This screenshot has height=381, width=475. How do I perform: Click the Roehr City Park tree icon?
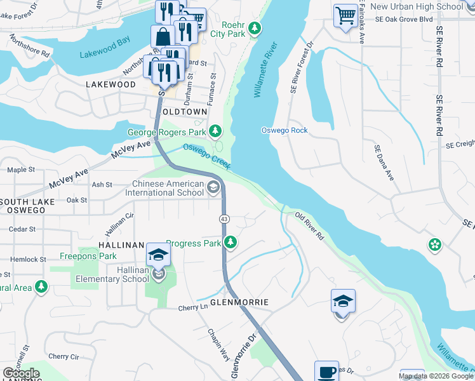pos(255,28)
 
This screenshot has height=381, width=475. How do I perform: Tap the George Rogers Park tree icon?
pos(216,131)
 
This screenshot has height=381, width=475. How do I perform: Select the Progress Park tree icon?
pos(231,243)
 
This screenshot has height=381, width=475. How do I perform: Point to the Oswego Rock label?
pos(284,130)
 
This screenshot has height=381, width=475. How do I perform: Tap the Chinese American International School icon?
pos(213,187)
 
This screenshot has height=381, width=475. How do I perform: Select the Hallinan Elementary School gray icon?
pos(158,274)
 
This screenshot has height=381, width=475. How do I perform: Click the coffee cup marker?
pos(327,372)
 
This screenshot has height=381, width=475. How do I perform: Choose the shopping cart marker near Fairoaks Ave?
pos(345,15)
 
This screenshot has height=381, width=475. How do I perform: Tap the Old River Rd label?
pos(310,226)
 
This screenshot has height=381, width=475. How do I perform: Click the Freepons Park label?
pos(88,256)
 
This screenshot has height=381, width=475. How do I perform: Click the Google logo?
pos(22,373)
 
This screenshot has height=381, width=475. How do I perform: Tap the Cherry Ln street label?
pos(194,307)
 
